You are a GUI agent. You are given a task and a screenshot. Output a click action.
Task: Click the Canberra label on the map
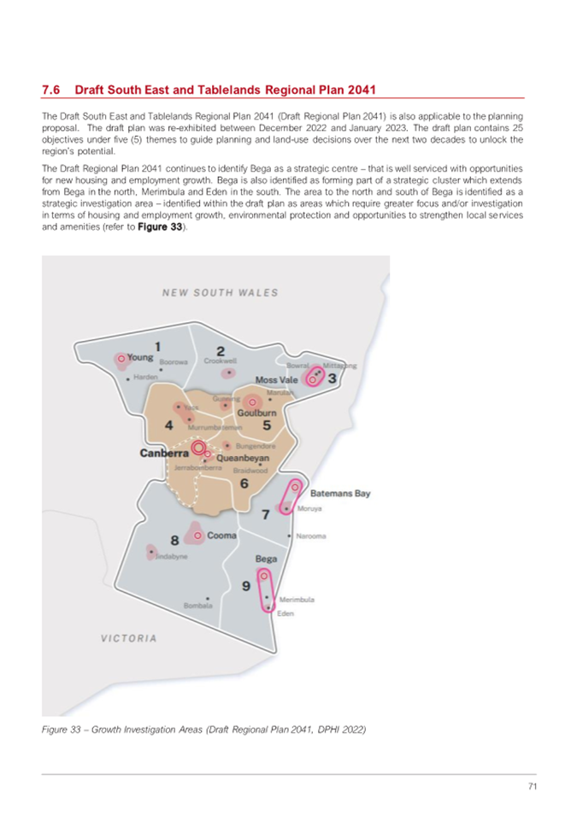[x=163, y=454]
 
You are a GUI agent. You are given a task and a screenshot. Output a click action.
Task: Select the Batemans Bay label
[x=340, y=494]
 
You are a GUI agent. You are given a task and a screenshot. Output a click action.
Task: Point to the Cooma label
[x=222, y=536]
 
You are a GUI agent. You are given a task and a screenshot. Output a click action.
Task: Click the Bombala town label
[x=197, y=607]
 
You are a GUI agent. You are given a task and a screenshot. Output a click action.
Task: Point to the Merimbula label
[x=297, y=601]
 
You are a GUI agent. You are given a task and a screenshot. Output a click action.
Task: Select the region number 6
[x=244, y=484]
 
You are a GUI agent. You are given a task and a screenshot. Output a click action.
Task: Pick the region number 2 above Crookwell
[x=221, y=350]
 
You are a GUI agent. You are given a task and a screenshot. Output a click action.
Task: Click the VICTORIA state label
[x=128, y=638]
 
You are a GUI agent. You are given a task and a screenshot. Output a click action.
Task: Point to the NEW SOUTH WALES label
[x=221, y=293]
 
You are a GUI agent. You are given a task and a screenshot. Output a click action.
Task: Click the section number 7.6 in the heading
[x=50, y=90]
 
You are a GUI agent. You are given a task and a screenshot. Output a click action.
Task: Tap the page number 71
[x=530, y=786]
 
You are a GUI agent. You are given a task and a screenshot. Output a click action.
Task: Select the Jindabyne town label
[x=170, y=555]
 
